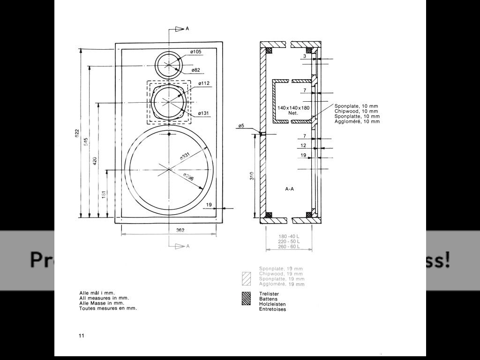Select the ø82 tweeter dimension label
[x=195, y=70]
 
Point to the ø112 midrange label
[x=203, y=83]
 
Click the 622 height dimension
[x=77, y=133]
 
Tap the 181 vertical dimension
[x=104, y=193]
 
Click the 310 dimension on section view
[x=252, y=176]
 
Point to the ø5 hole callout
[x=241, y=126]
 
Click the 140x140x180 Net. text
[x=293, y=110]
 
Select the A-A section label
[x=290, y=189]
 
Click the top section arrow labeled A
[x=181, y=29]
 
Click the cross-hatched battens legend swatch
[x=246, y=299]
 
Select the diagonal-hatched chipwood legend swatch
[x=246, y=277]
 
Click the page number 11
[x=82, y=336]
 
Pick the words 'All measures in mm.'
[x=104, y=298]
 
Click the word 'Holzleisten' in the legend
[x=272, y=304]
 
